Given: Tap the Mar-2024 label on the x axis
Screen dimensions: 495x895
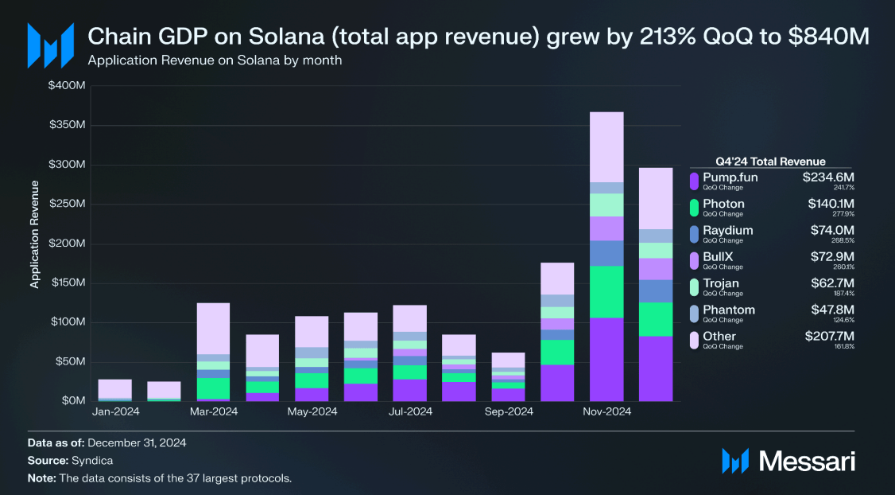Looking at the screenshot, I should [213, 411].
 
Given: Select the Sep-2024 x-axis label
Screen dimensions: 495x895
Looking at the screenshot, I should [509, 411].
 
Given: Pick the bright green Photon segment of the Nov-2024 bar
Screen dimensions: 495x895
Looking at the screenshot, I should [606, 291].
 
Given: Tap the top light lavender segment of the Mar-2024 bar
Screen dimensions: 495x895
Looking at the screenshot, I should [213, 328].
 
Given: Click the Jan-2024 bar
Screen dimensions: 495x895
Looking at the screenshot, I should [114, 389].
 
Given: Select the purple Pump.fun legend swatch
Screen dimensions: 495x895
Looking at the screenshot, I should [695, 181].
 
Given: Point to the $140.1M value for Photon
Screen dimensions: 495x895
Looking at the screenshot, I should [831, 204].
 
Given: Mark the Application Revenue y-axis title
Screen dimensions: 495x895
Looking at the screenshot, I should [34, 234].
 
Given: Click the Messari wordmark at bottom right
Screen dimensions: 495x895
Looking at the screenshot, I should [807, 460].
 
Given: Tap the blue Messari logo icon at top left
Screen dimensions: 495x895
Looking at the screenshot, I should [50, 45].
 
